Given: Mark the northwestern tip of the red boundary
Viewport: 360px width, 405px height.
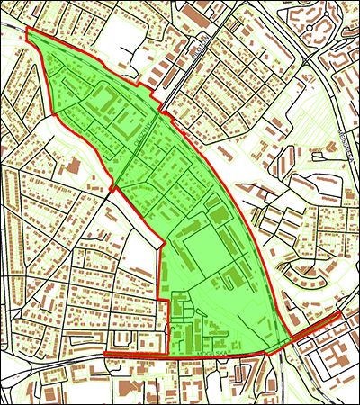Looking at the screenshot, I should [x=28, y=30].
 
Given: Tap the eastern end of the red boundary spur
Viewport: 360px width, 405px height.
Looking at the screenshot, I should [x=338, y=317].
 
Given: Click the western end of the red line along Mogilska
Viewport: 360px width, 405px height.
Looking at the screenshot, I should [x=105, y=355].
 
